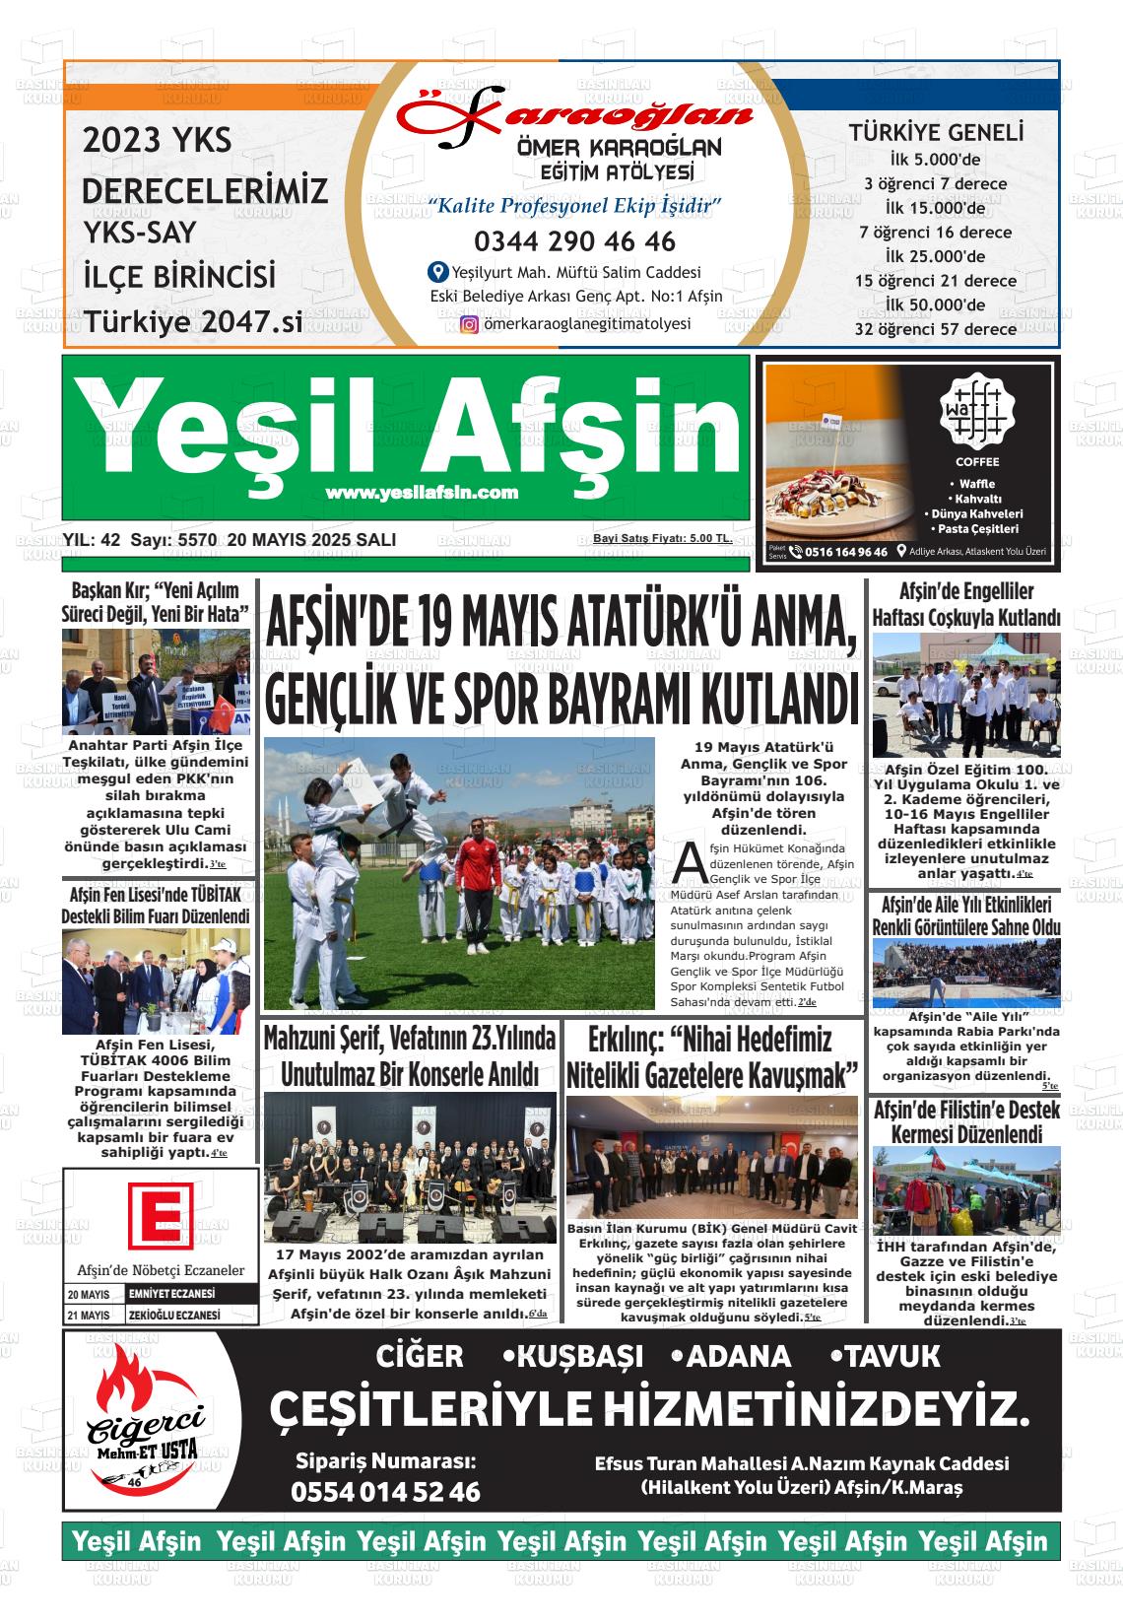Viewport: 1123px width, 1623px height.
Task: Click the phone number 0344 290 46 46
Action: [x=574, y=241]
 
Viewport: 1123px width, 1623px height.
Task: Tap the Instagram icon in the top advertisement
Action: [x=470, y=324]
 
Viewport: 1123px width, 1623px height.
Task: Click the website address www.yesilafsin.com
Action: [x=422, y=493]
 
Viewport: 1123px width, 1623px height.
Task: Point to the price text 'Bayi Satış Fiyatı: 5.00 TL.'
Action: [x=662, y=539]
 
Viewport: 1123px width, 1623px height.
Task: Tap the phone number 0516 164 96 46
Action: [x=845, y=552]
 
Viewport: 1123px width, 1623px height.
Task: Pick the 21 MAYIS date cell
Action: [x=89, y=1316]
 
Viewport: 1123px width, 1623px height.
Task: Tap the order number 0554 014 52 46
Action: [x=385, y=1492]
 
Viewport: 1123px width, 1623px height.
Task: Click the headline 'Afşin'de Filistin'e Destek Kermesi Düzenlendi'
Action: [x=966, y=1122]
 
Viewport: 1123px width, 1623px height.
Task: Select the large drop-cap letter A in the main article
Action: [x=687, y=861]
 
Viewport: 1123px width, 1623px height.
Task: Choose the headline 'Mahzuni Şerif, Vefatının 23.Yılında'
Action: [x=409, y=1039]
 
